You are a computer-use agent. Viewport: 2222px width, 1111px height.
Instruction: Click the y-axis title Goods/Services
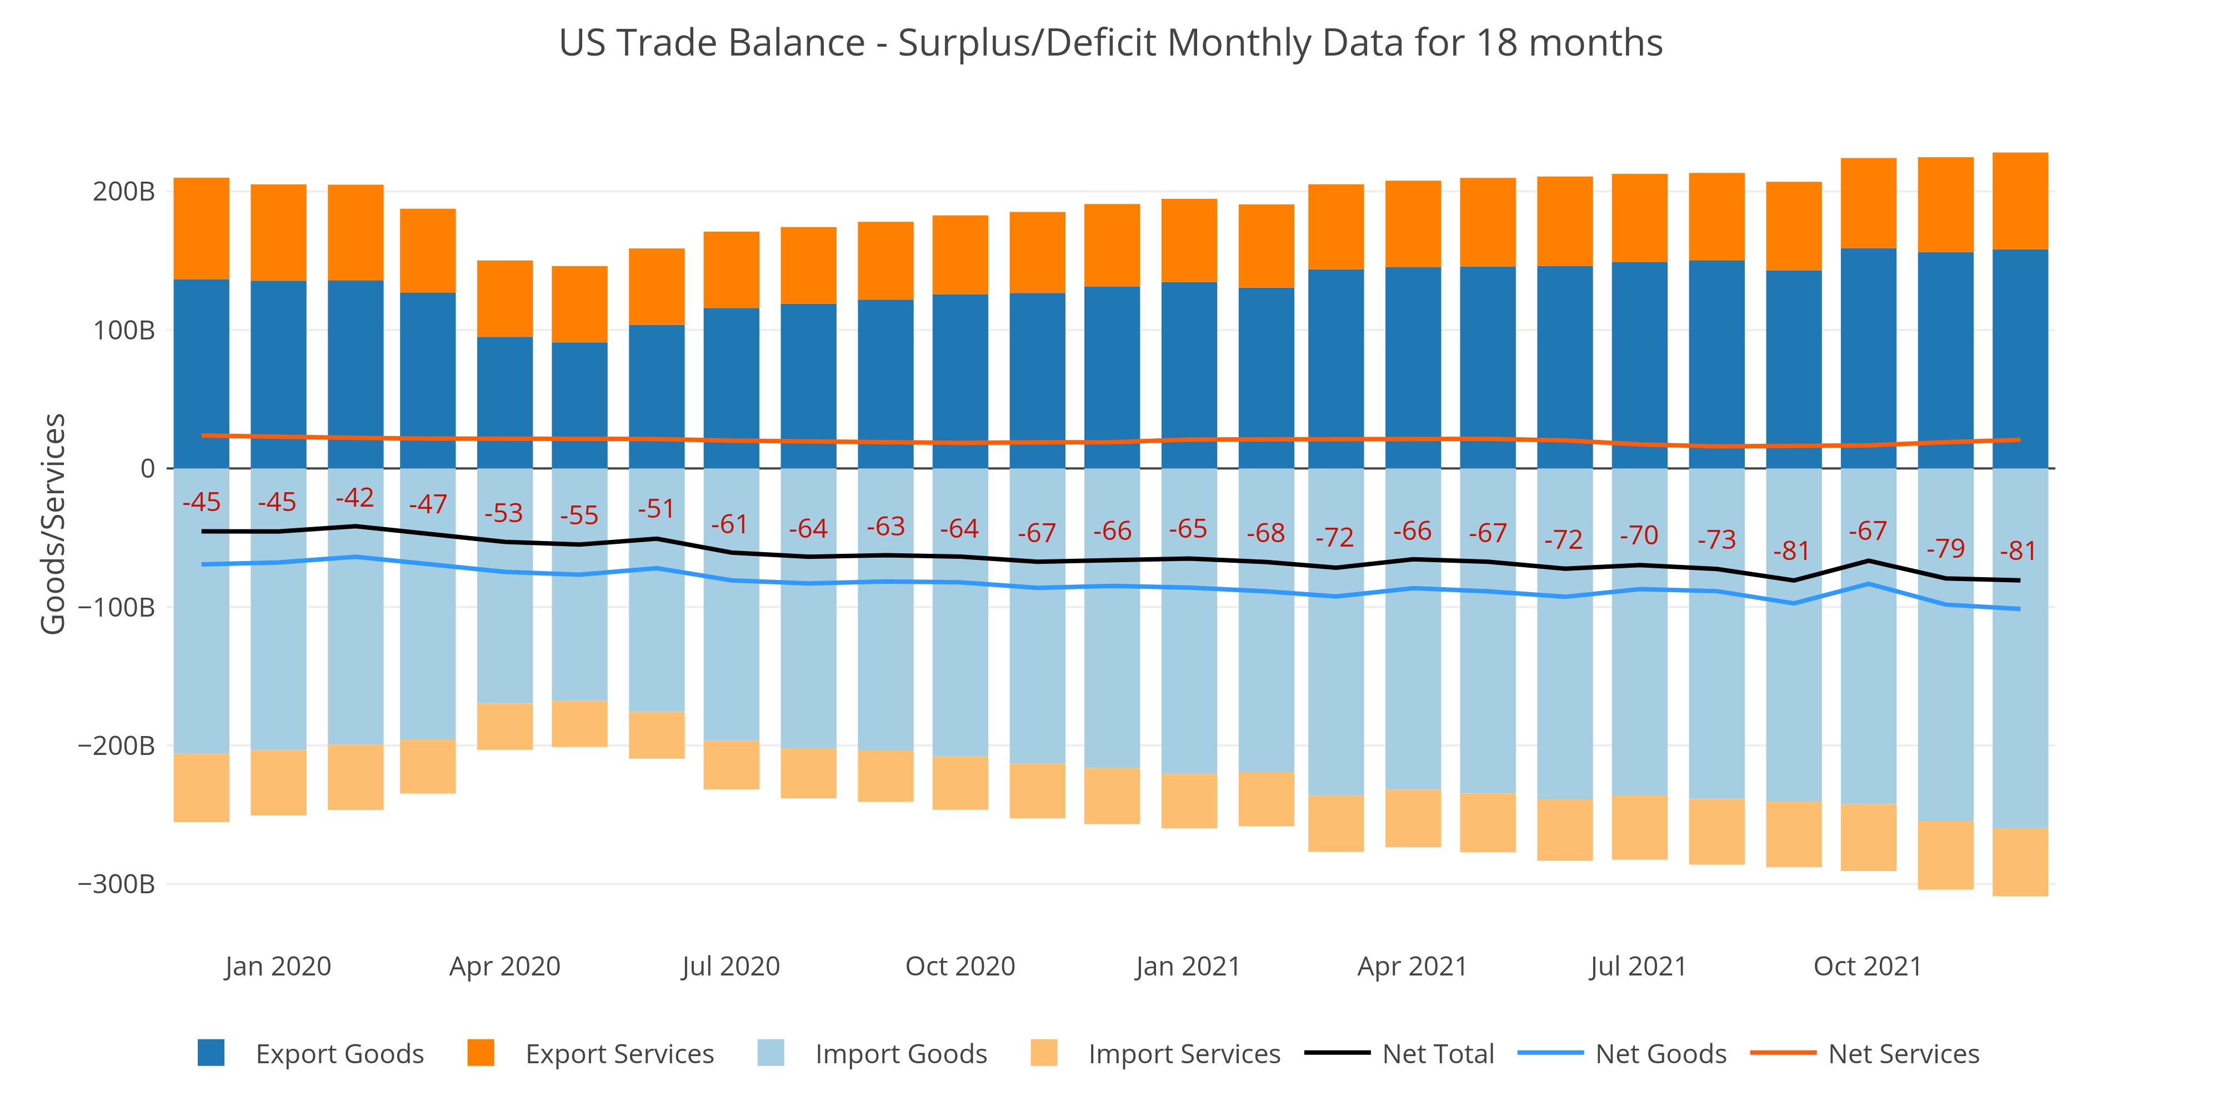53,524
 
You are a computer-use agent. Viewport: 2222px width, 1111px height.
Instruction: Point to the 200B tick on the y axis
123,192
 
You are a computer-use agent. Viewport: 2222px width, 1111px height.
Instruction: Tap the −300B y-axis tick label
117,884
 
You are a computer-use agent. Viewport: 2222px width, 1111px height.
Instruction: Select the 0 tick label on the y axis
148,468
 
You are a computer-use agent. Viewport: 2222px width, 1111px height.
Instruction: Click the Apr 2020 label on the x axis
504,966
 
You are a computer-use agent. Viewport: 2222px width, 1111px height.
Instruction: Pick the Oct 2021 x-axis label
1868,966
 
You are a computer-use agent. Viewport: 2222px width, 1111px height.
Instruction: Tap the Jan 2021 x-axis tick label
1187,966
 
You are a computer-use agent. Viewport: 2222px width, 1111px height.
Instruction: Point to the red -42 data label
354,498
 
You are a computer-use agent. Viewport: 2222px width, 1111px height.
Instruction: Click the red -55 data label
579,516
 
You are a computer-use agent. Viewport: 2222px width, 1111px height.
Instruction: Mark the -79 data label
1946,549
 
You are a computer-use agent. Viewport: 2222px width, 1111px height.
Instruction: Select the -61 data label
730,524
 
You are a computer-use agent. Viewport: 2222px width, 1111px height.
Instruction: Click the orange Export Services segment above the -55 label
579,304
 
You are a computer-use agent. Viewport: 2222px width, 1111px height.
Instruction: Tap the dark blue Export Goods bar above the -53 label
504,402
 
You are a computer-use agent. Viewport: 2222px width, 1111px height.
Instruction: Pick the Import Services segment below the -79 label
1945,855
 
